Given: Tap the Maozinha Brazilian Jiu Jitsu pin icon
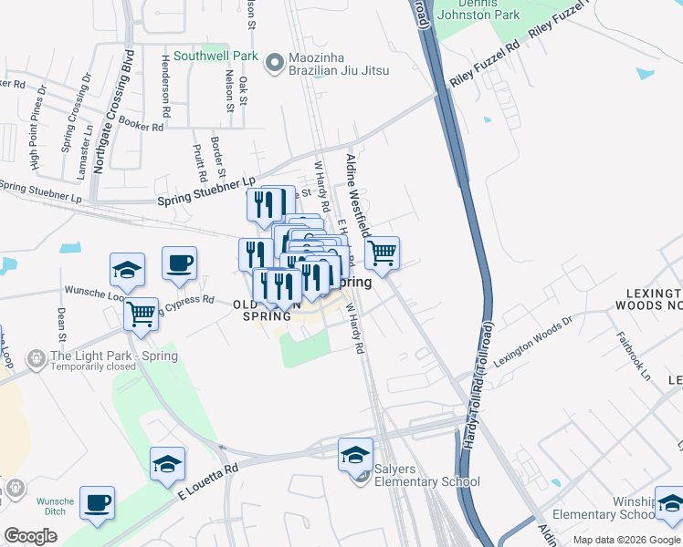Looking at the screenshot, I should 274,63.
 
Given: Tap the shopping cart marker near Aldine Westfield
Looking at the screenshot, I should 382,253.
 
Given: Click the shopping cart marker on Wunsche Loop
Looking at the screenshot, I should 141,315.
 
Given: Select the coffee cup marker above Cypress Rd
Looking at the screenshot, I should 179,263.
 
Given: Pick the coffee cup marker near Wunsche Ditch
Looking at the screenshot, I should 97,503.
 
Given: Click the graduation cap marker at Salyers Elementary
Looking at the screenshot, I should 355,454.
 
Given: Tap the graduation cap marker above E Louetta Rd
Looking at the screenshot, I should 167,464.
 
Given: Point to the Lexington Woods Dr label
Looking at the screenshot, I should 532,341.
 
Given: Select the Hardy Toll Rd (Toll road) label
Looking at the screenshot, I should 478,383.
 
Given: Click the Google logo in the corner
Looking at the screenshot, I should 30,536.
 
